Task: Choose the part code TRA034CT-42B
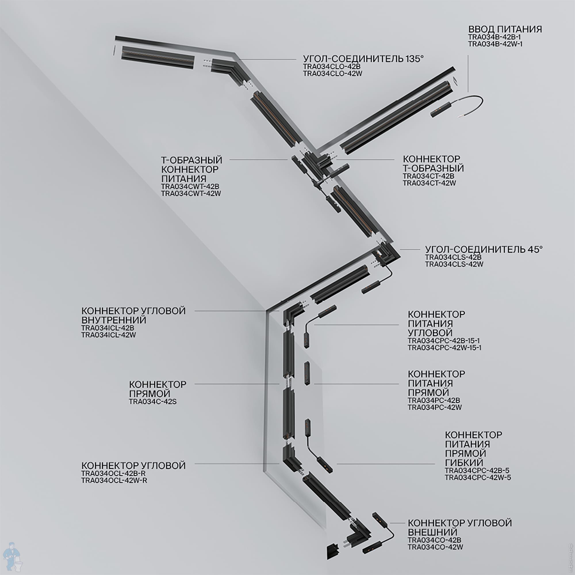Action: click(429, 176)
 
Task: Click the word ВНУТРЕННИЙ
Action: click(114, 320)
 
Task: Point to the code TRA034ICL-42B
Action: click(108, 328)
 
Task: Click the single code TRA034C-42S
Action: click(153, 401)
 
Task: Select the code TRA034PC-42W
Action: click(434, 407)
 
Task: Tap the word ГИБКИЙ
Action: click(464, 463)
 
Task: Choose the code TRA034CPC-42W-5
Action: click(478, 478)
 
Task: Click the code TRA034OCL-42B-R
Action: click(113, 473)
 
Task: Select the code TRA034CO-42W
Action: click(435, 547)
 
